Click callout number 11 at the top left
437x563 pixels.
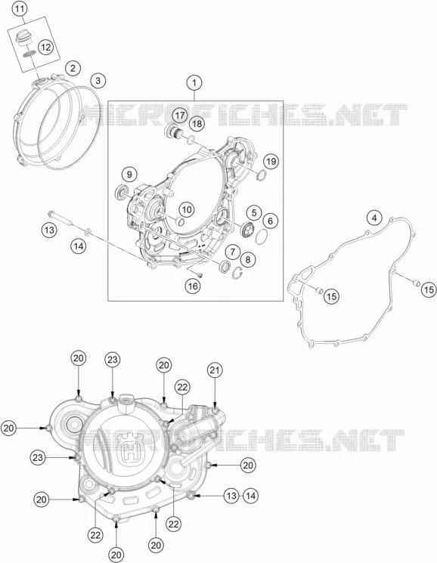pos(20,9)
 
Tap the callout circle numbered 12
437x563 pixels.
pos(45,47)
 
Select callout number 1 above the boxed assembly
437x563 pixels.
pos(194,83)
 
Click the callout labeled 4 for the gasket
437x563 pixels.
pos(374,218)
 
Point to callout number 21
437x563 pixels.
pos(215,370)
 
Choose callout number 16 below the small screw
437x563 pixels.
pos(193,286)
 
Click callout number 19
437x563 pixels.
pos(271,161)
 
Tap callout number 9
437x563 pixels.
pos(129,175)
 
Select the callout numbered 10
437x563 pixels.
pos(187,209)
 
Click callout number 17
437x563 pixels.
pos(179,116)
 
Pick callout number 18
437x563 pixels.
pos(197,124)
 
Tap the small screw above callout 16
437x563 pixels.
pos(200,275)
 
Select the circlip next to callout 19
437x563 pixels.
pos(262,175)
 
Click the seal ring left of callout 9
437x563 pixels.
pos(120,193)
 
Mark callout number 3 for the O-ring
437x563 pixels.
pos(98,80)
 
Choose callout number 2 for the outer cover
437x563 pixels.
pos(73,68)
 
